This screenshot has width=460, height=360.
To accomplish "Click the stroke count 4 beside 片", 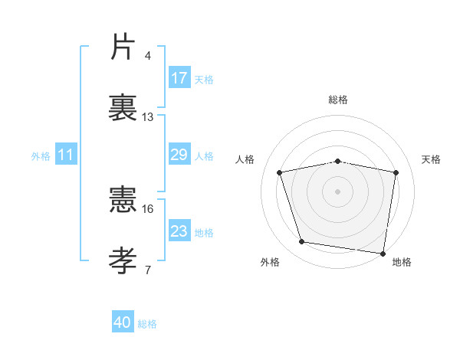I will pos(148,56).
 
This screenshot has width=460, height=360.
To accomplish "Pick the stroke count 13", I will pos(148,117).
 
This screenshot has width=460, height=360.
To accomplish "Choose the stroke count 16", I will pos(148,209).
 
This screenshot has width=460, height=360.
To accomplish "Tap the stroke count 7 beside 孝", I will pos(148,269).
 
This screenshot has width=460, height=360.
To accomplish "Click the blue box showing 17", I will pos(179,78).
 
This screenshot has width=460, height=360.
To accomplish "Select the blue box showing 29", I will pos(179,155).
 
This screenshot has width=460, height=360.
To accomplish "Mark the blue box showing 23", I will pos(179,231).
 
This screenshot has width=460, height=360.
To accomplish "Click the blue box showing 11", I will pos(65,155).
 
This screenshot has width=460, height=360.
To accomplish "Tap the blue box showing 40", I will pos(123,322).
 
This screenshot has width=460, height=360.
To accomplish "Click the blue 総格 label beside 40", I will pos(147,324).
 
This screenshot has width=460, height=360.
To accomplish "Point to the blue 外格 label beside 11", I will pos(41,156).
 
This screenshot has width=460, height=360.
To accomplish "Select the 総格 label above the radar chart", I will pos(338,100).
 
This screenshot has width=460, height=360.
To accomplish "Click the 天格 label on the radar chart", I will pos(431,159).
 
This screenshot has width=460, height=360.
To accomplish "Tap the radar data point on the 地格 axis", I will pos(383,253).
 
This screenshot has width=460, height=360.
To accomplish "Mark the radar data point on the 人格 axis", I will pos(280,172).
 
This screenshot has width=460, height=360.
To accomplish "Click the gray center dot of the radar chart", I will pos(338,191).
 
